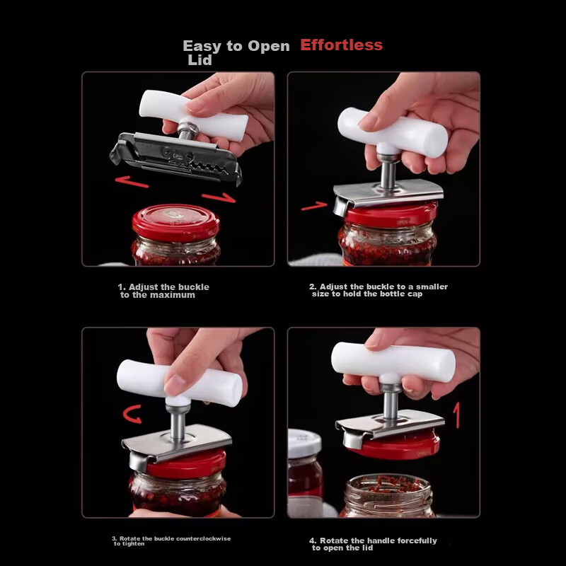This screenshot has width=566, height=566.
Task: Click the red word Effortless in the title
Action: click(x=341, y=45)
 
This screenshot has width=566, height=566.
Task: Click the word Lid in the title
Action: click(x=200, y=61)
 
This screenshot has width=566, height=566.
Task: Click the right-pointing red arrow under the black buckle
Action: click(x=218, y=197)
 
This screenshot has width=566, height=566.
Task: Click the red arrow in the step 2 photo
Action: click(x=313, y=207)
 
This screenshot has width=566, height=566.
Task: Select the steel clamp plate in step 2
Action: click(x=388, y=192)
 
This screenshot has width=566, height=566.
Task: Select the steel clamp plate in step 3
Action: click(x=177, y=441)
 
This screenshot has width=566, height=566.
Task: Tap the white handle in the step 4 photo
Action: click(x=393, y=362)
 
